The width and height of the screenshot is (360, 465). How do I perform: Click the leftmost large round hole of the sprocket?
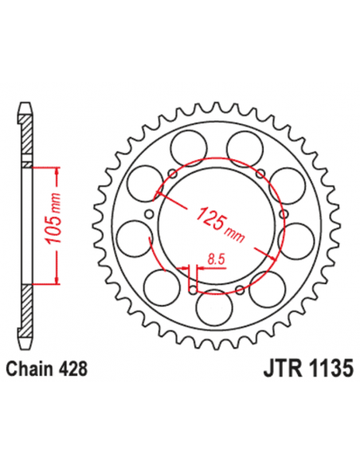pos(130,236)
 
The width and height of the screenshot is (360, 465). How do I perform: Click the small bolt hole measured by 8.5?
pos(190,288)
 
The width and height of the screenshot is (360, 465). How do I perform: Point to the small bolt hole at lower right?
pos(241,287)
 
